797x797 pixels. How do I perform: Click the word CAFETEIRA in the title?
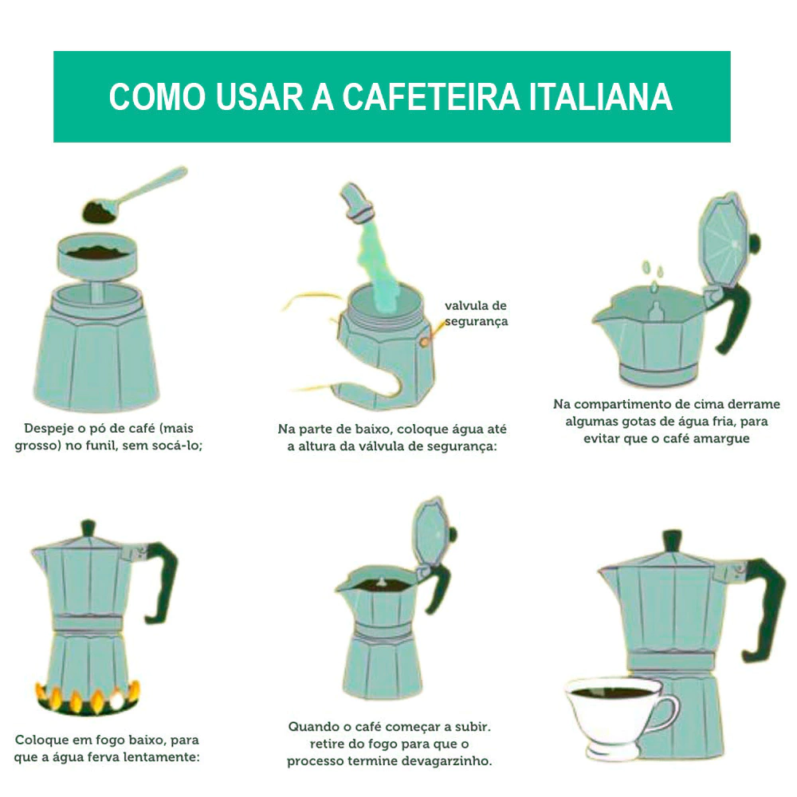pos(431,96)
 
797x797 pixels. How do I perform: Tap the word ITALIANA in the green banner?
pos(601,96)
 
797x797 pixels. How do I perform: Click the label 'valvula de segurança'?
pos(476,313)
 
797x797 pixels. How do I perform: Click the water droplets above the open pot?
pos(653,276)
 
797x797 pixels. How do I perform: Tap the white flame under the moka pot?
pos(117,700)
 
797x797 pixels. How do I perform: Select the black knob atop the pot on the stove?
pos(88,528)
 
